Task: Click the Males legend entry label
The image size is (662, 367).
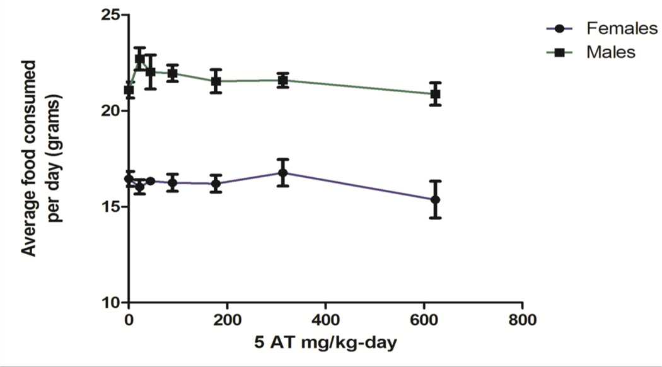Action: pos(610,52)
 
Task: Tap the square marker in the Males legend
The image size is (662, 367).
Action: pos(559,52)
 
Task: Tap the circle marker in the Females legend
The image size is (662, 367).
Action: pos(559,28)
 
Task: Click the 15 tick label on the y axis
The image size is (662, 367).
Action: pos(112,207)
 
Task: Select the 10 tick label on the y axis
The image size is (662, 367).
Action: pos(112,303)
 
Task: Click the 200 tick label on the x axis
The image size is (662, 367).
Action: pos(227,318)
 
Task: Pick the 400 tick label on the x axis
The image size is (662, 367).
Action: pos(325,318)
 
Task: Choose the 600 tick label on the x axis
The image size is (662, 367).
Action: pos(424,318)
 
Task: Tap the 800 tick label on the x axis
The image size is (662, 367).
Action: pos(522,318)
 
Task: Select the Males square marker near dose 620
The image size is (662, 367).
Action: pos(434,94)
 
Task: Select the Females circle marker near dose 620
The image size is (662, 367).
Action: pos(434,199)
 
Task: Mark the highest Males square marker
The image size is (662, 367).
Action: pos(140,59)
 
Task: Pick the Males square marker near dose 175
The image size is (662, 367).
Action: pos(216,81)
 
